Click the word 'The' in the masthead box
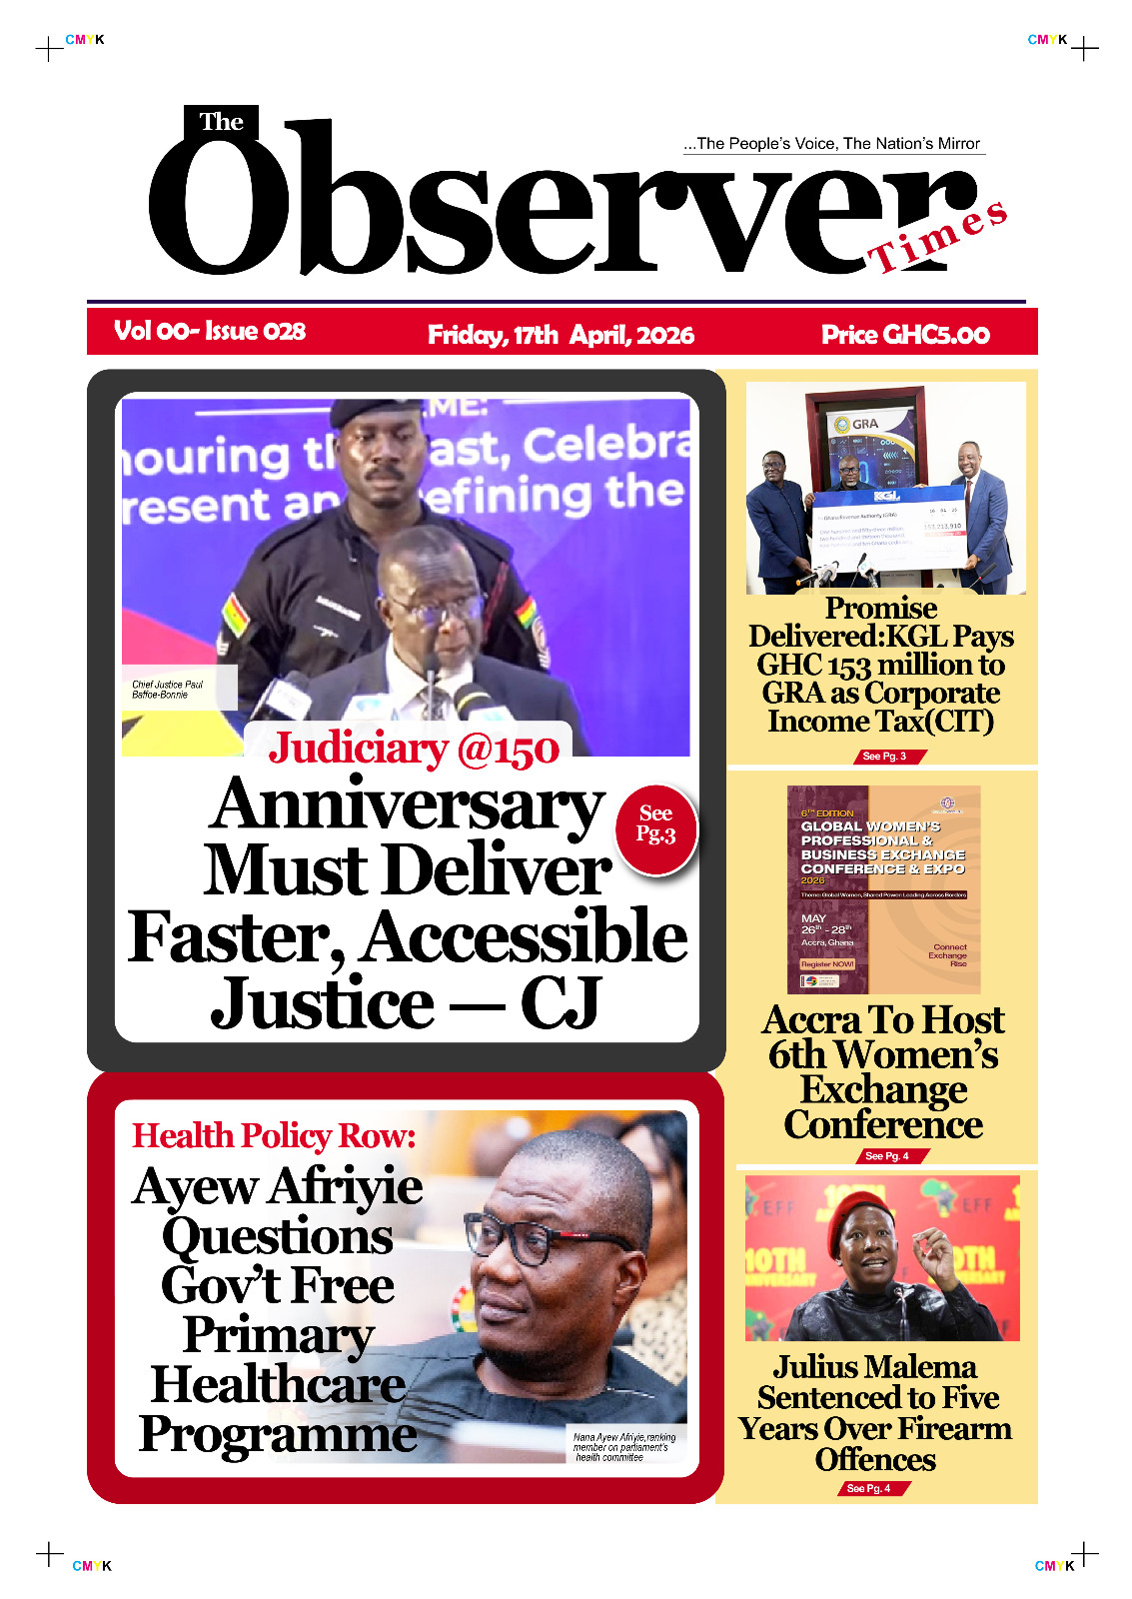(x=221, y=122)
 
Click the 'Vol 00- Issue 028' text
(x=210, y=331)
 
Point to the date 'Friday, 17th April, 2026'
(x=561, y=335)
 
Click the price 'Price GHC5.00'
(x=905, y=335)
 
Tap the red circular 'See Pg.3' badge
(x=655, y=825)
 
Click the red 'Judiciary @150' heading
(x=414, y=750)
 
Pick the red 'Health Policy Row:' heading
(x=274, y=1136)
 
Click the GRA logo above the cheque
(x=857, y=424)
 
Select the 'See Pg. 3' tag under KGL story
(x=884, y=757)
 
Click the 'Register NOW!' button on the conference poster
(x=827, y=964)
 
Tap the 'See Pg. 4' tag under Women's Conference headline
(x=887, y=1156)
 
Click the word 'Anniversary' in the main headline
(x=407, y=805)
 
